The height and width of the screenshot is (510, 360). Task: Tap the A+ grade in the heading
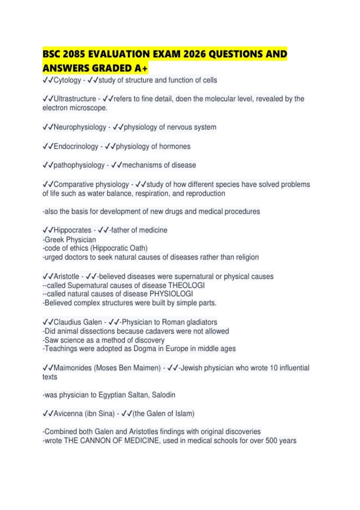point(141,68)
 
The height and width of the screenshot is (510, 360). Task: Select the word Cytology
point(67,80)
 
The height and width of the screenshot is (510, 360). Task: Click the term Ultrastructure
point(75,99)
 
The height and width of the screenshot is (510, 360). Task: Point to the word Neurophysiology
point(80,127)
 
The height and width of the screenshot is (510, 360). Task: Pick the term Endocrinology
point(76,146)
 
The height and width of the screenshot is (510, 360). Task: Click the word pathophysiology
point(79,165)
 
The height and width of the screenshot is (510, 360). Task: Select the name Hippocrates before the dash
point(72,230)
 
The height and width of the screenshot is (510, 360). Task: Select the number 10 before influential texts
point(274,368)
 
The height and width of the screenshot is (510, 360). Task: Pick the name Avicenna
point(68,414)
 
